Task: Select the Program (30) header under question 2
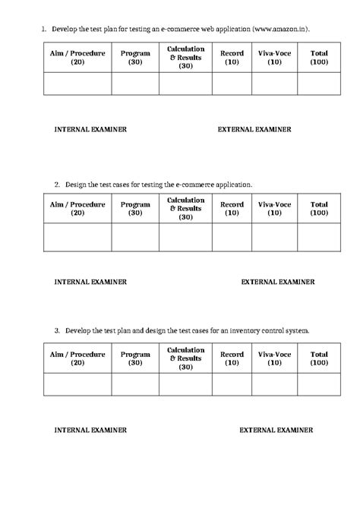click(135, 208)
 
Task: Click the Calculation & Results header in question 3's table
click(185, 358)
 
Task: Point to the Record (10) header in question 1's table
click(232, 58)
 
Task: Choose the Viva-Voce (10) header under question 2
click(274, 208)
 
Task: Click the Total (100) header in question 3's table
click(319, 358)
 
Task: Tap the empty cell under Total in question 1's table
click(319, 84)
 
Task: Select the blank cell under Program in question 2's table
click(135, 236)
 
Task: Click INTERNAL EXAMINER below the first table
click(90, 129)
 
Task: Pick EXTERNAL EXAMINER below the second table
click(278, 282)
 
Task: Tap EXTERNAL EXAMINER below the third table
click(276, 430)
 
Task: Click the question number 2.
click(57, 184)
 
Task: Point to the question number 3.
click(57, 331)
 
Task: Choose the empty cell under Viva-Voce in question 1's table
click(274, 84)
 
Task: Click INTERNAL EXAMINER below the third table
click(90, 430)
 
